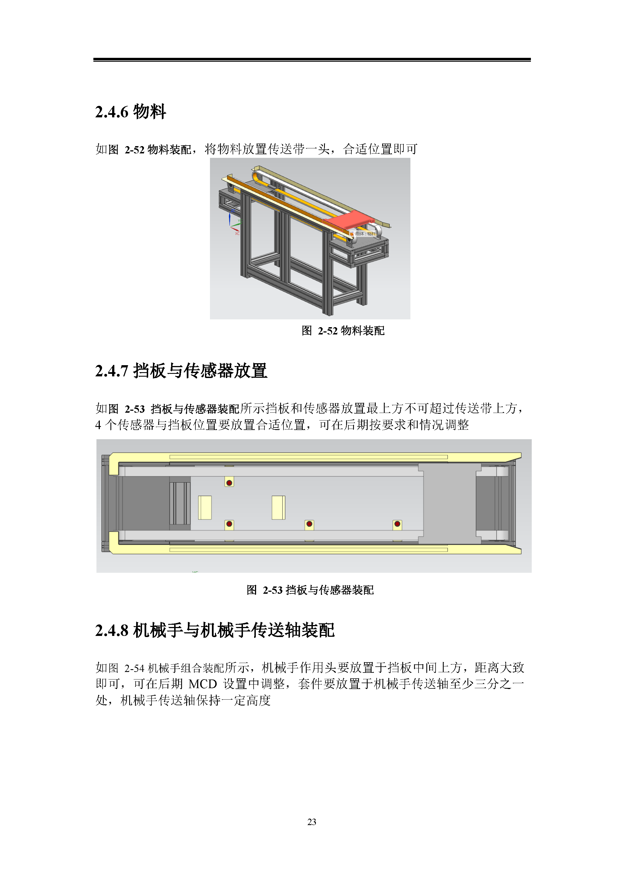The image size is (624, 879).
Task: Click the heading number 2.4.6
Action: [x=112, y=112]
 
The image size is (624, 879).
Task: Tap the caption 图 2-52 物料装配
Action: [x=343, y=331]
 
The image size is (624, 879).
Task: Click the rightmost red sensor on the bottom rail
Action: [x=397, y=524]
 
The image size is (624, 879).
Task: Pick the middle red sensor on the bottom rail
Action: [x=309, y=524]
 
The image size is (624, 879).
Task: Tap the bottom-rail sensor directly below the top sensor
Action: [x=230, y=524]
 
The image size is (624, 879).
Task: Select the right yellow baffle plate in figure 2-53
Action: [x=278, y=507]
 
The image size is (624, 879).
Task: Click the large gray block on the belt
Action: [x=450, y=503]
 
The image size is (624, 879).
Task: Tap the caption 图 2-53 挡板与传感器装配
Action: [x=310, y=590]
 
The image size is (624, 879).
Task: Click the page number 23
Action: [x=312, y=822]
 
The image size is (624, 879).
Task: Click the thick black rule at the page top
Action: [x=312, y=60]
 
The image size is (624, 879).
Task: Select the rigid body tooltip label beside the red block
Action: [x=363, y=234]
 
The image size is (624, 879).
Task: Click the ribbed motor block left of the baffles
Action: [x=180, y=503]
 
